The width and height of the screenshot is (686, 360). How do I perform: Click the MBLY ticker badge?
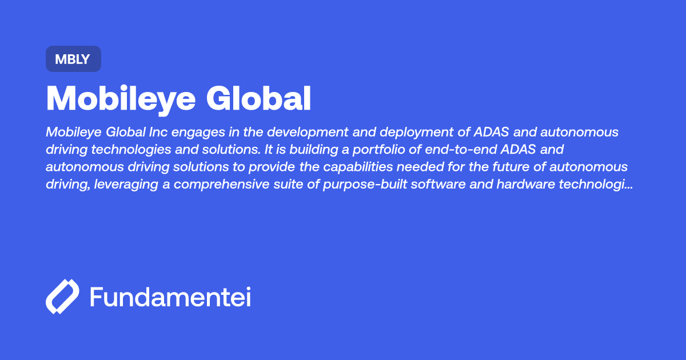pyautogui.click(x=73, y=59)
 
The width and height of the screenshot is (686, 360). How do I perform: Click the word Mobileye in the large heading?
pyautogui.click(x=121, y=99)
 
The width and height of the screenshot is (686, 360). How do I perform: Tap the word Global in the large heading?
pyautogui.click(x=258, y=99)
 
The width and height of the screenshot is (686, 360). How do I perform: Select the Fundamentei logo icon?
pyautogui.click(x=62, y=297)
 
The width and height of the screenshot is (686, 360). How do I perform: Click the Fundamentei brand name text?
pyautogui.click(x=170, y=297)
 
